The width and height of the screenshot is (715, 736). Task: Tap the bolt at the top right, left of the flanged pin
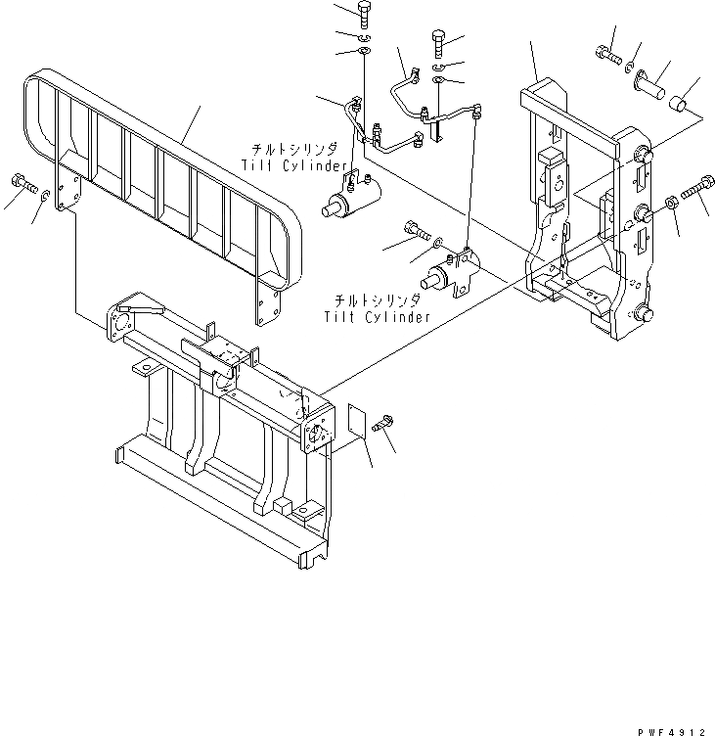[604, 53]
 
